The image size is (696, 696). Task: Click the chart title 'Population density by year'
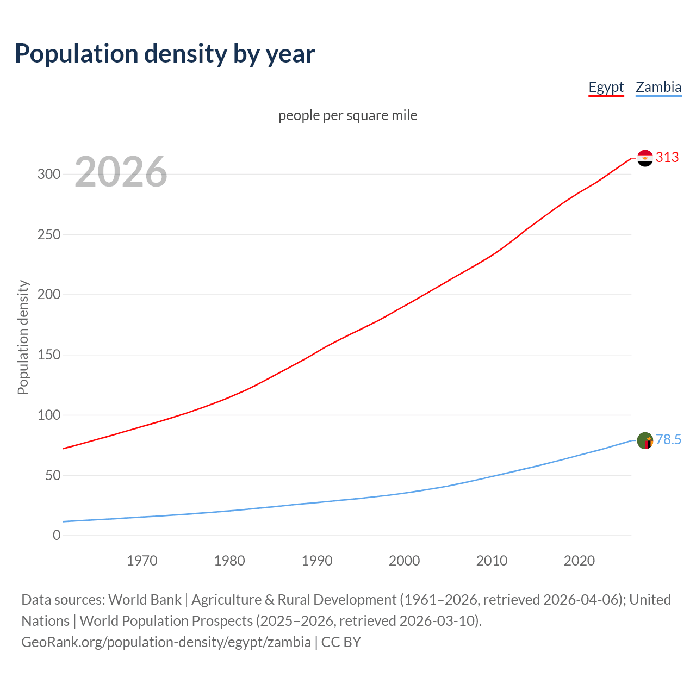coord(165,54)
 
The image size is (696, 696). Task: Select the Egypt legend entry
coord(606,87)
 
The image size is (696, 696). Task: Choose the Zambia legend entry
coord(658,87)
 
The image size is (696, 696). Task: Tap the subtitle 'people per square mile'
coord(347,115)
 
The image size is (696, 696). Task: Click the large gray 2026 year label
coord(121,172)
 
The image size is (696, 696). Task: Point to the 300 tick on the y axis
coord(48,175)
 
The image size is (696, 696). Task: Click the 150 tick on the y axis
coord(48,355)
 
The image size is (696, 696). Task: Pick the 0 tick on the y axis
coord(57,536)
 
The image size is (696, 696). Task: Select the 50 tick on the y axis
coord(52,475)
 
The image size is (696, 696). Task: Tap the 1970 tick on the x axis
coord(142,561)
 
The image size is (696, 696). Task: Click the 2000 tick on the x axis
coord(404,561)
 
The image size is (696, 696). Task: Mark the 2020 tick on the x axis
coord(579,561)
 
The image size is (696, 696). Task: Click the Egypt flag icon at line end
coord(645,158)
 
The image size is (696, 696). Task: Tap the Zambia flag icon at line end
coord(645,440)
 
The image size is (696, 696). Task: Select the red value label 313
coord(667,158)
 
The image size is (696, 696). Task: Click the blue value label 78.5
coord(668,440)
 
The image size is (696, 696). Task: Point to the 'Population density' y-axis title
coord(23,337)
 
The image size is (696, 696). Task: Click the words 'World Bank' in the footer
coord(145,600)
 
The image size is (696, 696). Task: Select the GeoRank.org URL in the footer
coord(166,642)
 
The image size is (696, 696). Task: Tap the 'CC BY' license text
coord(341,642)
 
